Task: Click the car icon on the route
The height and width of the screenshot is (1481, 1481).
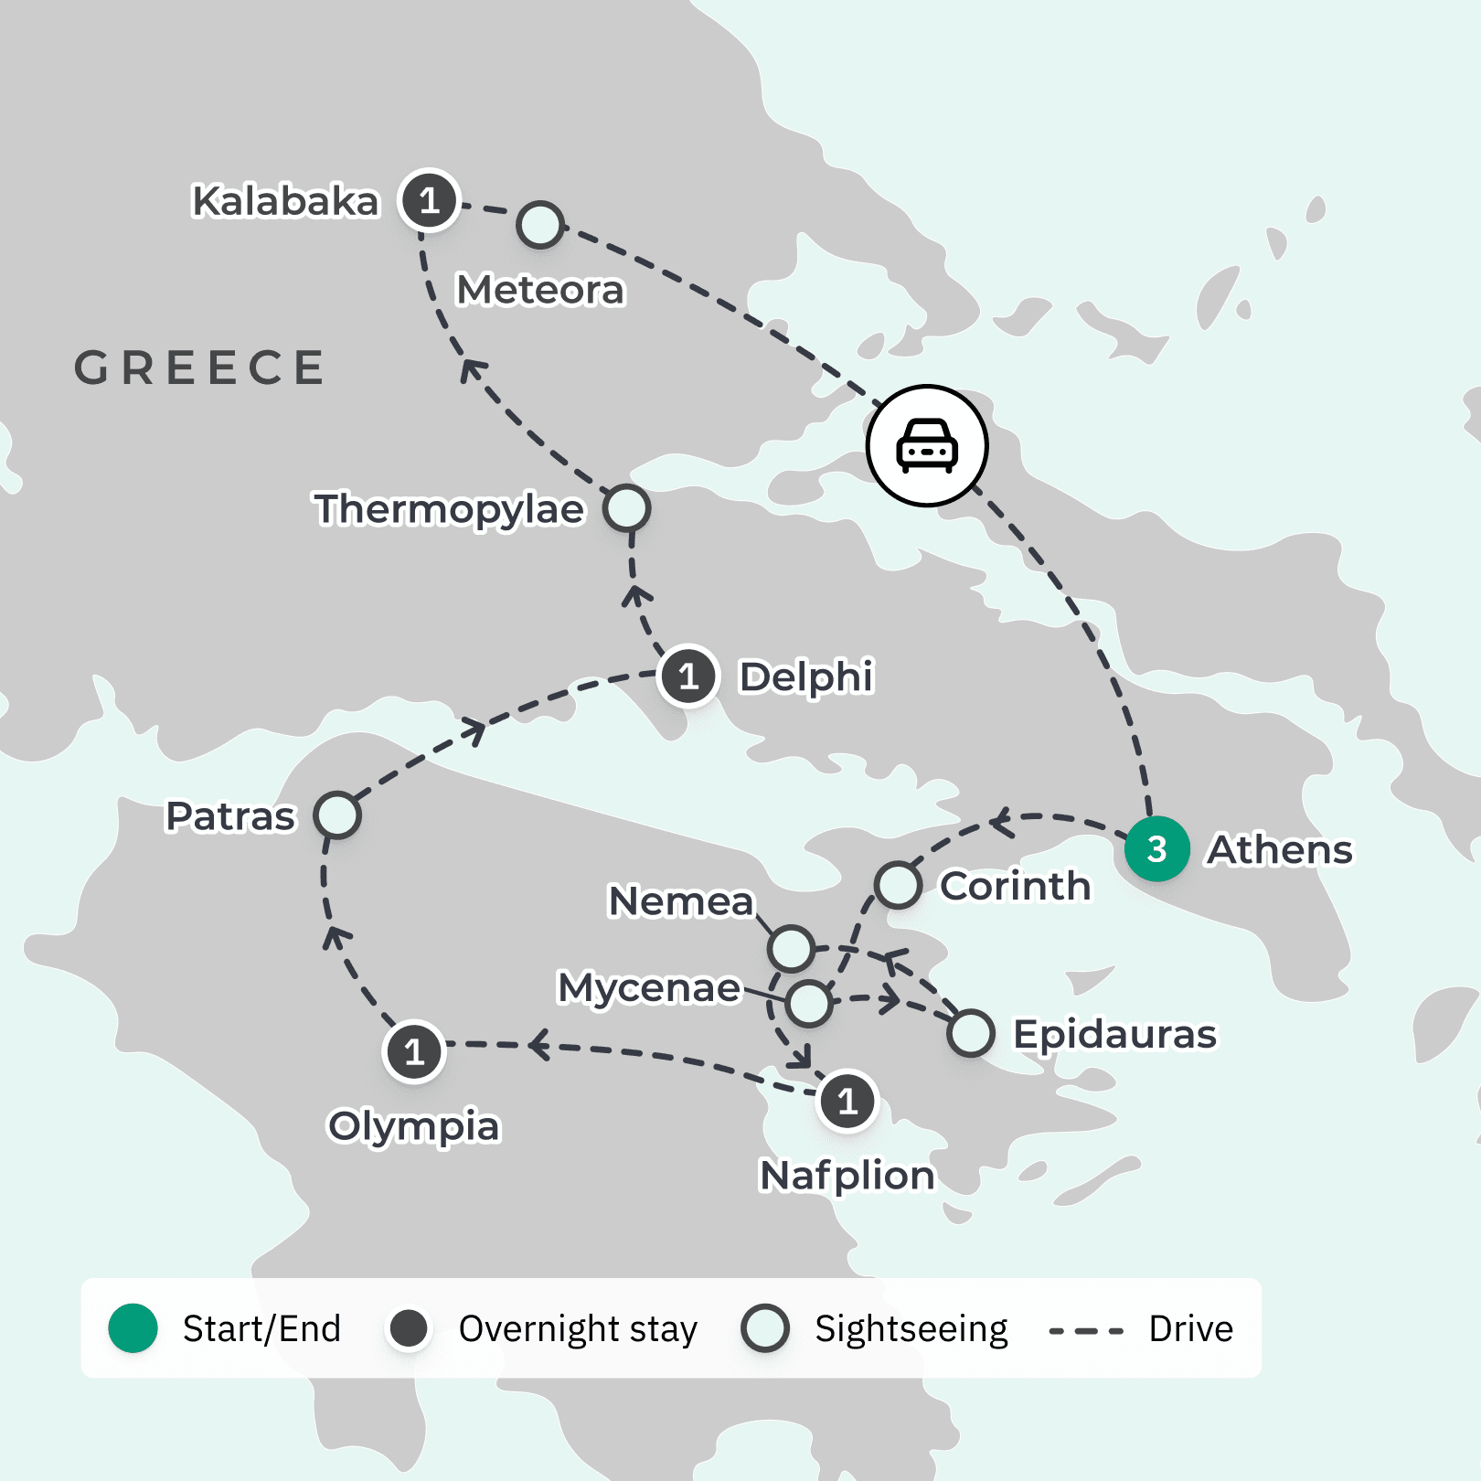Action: tap(927, 445)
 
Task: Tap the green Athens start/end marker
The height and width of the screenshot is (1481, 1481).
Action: tap(1156, 849)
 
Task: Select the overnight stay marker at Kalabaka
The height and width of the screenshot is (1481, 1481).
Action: tap(429, 200)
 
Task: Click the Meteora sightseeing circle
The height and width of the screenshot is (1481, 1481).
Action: tap(540, 225)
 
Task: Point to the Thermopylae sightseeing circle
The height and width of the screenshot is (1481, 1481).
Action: tap(627, 508)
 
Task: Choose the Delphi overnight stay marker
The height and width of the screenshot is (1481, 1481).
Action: tap(688, 677)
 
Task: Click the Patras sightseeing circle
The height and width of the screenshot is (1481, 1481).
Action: tap(337, 815)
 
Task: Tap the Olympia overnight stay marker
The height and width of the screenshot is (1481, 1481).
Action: tap(414, 1052)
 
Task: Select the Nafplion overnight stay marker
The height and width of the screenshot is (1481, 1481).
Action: tap(847, 1101)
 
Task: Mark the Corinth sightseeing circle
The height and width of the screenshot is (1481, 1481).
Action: tap(898, 885)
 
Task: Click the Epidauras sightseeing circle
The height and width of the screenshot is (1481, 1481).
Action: tap(971, 1034)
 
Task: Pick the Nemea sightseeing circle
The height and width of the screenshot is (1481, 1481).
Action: tap(791, 948)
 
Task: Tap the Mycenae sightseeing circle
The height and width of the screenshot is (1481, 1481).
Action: tap(809, 1004)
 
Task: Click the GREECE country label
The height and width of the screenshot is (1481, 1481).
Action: tap(199, 368)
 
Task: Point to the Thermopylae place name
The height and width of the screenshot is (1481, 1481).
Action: tap(449, 509)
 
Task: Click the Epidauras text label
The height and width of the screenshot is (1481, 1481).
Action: tap(1114, 1034)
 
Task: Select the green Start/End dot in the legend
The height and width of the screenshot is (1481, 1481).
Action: tap(133, 1328)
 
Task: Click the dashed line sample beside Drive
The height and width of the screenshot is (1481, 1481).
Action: tap(1086, 1331)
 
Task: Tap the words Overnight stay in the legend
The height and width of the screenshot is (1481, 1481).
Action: tap(578, 1329)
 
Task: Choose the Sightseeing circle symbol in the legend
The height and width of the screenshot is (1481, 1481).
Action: tap(765, 1328)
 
